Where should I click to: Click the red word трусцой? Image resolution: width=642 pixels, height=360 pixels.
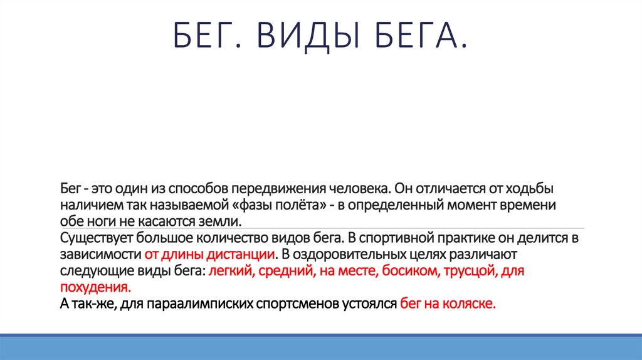[455, 272]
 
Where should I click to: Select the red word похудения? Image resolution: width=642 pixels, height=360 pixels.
[96, 288]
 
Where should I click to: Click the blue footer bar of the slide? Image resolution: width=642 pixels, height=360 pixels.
[321, 349]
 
